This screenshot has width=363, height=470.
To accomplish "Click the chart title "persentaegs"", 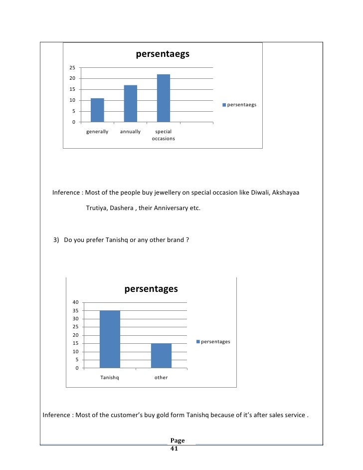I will (x=163, y=54).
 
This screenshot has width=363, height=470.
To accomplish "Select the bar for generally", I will (x=97, y=110).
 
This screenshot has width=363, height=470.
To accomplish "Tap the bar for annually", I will (x=130, y=104).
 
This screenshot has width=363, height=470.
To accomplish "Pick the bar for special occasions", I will (x=163, y=98).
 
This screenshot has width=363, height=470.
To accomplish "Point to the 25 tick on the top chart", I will (x=72, y=68).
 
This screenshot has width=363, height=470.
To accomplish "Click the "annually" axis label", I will (x=130, y=132).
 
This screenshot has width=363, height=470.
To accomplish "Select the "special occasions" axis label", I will (x=163, y=135).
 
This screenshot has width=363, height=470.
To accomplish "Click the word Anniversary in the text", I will (x=172, y=208).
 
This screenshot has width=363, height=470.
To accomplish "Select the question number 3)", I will (x=57, y=240).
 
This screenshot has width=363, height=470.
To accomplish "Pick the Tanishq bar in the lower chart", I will (x=110, y=339).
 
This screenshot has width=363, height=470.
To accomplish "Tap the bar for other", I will (x=161, y=356).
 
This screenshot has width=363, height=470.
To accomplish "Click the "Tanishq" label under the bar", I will (x=110, y=378).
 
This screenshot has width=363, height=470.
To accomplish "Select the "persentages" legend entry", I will (x=215, y=342).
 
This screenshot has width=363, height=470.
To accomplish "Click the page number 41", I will (x=174, y=449).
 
